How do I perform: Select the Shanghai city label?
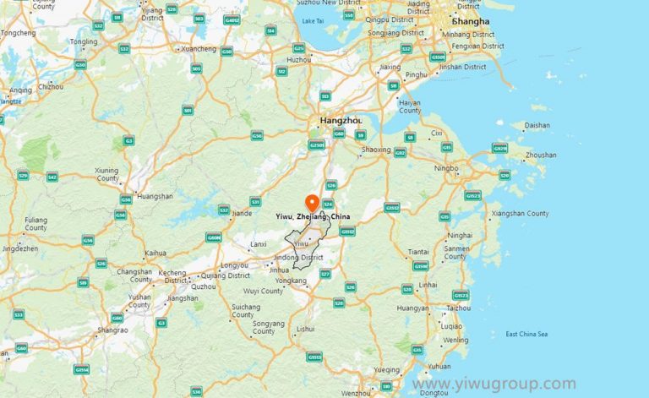tap(470, 21)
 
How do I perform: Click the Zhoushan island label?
tap(542, 155)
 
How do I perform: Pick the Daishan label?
tap(537, 125)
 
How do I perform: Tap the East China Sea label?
tap(526, 335)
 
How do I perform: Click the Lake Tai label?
tap(313, 20)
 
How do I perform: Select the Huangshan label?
tap(155, 196)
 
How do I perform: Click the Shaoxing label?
tap(376, 150)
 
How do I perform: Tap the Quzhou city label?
tap(204, 286)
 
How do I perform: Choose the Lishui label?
tap(306, 329)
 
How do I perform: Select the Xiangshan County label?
tap(520, 214)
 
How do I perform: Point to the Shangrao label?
tap(113, 330)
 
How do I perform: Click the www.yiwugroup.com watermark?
tap(494, 384)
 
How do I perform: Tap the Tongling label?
tap(84, 41)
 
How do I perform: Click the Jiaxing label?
tap(390, 67)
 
